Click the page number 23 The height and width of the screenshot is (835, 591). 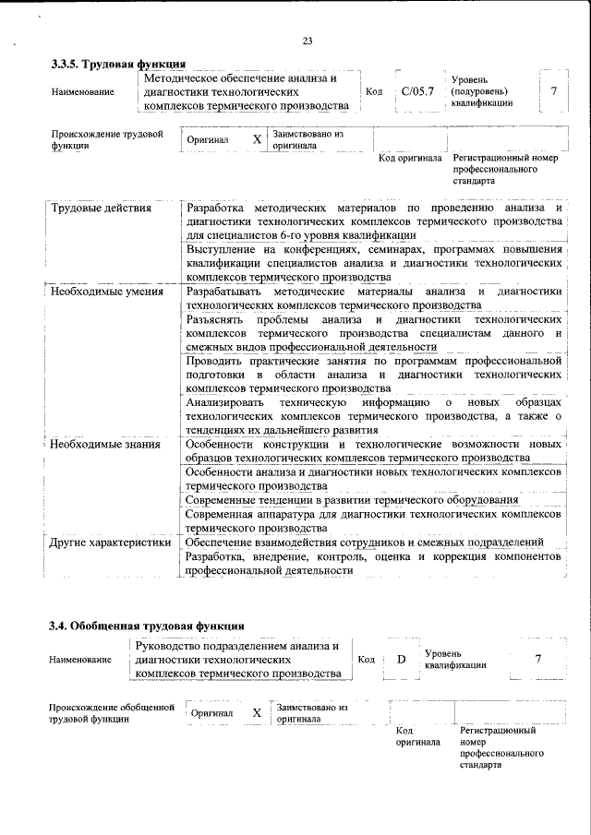pyautogui.click(x=308, y=39)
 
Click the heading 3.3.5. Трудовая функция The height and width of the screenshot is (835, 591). pyautogui.click(x=118, y=64)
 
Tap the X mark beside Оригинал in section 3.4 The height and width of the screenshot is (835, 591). pyautogui.click(x=257, y=712)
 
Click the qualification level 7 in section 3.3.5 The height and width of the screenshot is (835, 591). pyautogui.click(x=552, y=91)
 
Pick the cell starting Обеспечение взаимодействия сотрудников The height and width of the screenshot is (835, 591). pyautogui.click(x=364, y=542)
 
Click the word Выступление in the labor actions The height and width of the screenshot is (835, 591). pyautogui.click(x=223, y=249)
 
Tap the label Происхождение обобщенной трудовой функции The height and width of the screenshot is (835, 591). pyautogui.click(x=111, y=712)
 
